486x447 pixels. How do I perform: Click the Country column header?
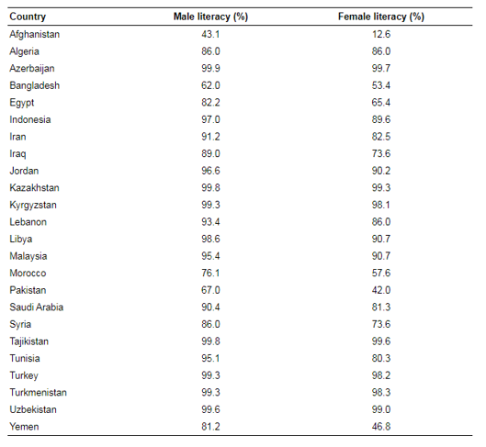coord(28,17)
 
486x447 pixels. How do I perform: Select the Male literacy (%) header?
coord(210,17)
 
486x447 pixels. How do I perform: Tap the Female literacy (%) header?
coord(381,17)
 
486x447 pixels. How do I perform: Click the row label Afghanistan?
coord(34,34)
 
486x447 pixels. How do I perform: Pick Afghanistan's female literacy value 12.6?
coord(381,34)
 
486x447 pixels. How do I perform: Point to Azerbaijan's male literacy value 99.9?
coord(210,68)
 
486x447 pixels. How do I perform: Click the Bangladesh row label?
coord(34,85)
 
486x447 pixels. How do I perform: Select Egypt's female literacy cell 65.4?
coord(381,102)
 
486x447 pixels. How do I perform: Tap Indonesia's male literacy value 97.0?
coord(210,119)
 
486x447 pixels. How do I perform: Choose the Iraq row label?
coord(17,154)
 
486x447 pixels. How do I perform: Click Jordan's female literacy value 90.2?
coord(381,171)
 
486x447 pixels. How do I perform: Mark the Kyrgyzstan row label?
coord(33,206)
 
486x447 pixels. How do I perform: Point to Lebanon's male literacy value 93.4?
coord(210,221)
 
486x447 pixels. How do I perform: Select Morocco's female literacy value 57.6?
coord(381,273)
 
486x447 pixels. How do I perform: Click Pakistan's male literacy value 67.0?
coord(210,290)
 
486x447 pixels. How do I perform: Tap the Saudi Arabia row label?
coord(36,307)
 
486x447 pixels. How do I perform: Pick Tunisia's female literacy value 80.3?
coord(381,358)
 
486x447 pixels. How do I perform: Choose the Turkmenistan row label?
coord(38,392)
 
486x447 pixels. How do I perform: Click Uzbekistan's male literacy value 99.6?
coord(210,409)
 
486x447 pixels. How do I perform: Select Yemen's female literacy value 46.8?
coord(381,426)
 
